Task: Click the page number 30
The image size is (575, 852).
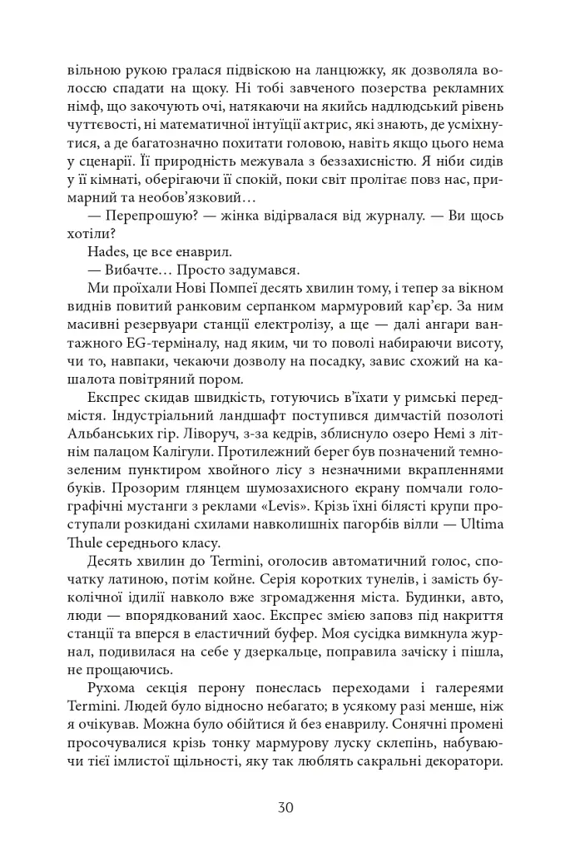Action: (286, 806)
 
